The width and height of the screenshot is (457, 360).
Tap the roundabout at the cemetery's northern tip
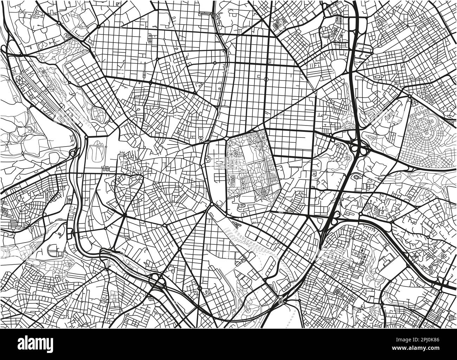click(x=410, y=96)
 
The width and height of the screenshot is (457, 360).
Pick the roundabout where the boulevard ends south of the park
click(x=212, y=204)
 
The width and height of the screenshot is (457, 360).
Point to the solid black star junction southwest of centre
click(x=125, y=214)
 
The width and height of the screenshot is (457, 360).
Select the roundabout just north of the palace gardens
click(x=86, y=137)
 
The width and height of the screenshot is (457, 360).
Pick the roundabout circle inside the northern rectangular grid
click(x=266, y=79)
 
